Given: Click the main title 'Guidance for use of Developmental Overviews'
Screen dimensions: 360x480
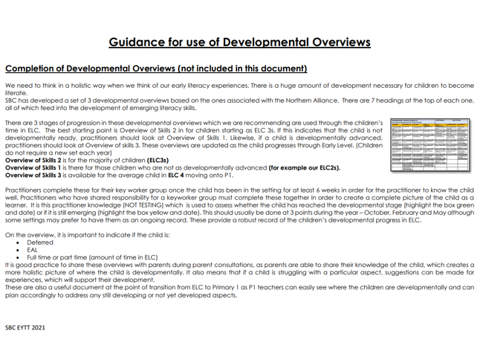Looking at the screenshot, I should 239,42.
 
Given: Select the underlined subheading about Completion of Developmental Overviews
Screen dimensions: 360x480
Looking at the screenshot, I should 156,68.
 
